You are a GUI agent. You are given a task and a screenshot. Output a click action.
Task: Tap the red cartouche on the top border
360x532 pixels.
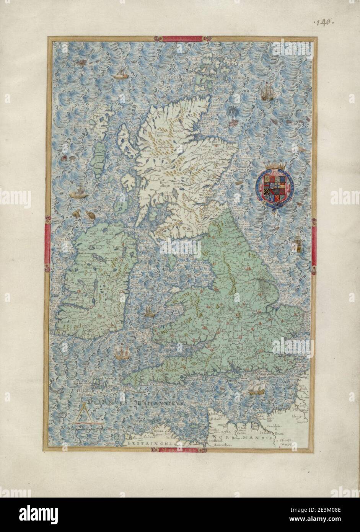tap(182, 39)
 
